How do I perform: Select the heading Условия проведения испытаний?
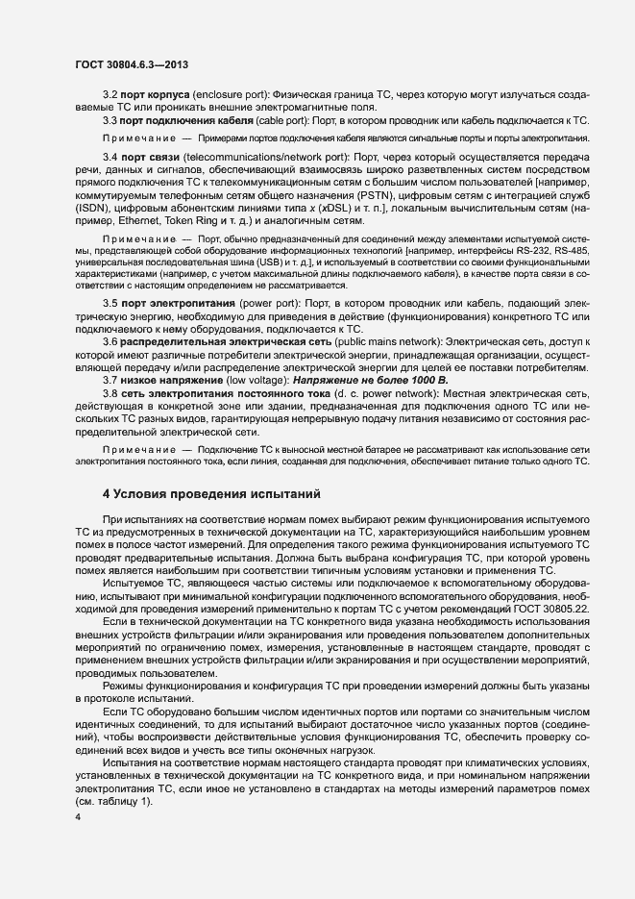coord(209,494)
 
